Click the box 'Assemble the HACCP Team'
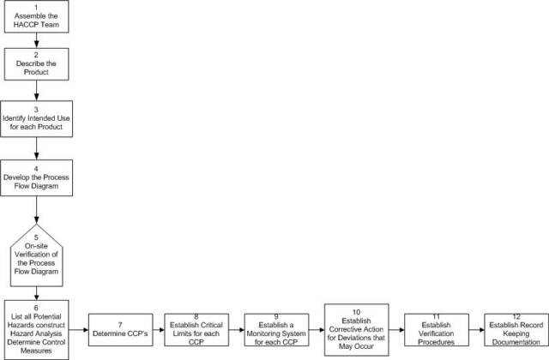point(36,17)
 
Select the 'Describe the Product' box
point(36,64)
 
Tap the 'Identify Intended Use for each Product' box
point(36,119)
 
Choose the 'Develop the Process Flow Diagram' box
point(36,177)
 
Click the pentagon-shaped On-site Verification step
point(36,255)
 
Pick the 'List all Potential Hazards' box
point(36,329)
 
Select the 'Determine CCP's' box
point(120,330)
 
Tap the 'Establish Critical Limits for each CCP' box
point(196,330)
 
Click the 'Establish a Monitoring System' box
point(276,330)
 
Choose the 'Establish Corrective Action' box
point(357,329)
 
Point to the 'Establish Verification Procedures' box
point(437,330)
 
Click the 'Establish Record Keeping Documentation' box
point(516,330)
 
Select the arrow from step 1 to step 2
point(36,40)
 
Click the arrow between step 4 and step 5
point(36,210)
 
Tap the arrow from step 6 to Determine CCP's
point(78,330)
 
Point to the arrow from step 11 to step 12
point(477,330)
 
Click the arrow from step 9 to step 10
point(317,330)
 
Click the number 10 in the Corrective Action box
point(357,312)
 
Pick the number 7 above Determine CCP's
point(120,325)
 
